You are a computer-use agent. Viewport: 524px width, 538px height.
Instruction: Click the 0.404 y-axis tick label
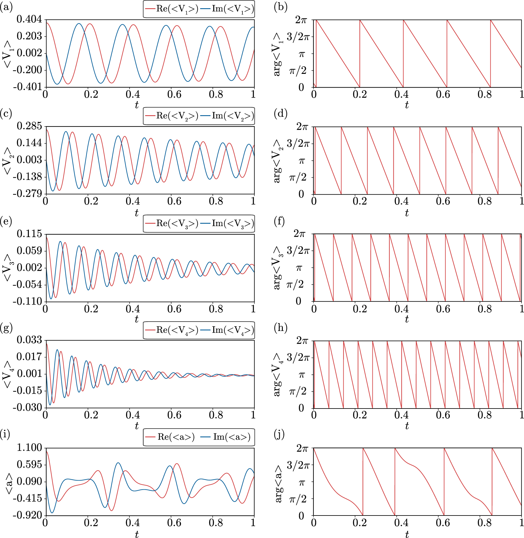tap(29, 19)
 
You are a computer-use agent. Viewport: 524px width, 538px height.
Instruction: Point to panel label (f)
tap(279, 221)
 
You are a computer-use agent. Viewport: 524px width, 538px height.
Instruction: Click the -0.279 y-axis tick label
tap(27, 194)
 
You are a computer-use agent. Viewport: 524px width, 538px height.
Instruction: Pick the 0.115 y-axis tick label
tap(29, 234)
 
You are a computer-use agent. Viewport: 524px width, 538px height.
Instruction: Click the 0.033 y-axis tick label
tap(29, 340)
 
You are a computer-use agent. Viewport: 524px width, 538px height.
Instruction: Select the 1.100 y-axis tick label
tap(29, 447)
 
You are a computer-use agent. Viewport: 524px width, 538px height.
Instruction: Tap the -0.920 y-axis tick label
tap(27, 515)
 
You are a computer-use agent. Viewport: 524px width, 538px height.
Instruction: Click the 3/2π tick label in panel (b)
tap(298, 37)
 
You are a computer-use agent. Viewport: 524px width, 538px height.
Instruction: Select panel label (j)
tap(279, 435)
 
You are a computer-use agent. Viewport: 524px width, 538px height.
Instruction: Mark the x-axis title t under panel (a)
tap(137, 105)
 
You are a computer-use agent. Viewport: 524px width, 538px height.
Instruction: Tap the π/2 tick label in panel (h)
tap(298, 391)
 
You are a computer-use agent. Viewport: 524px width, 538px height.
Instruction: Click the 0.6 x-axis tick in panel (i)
tap(174, 523)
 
